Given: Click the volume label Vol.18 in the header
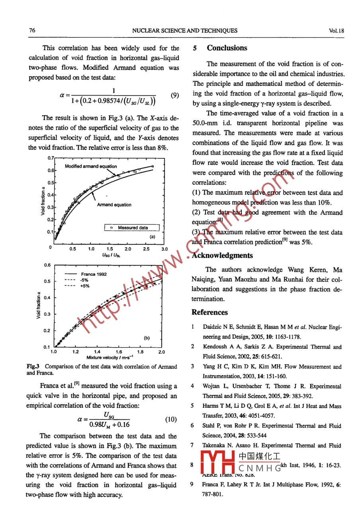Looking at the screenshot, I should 337,30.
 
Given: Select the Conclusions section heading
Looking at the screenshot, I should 227,48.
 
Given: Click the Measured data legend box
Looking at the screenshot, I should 132,228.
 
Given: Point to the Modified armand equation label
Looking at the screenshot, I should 91,166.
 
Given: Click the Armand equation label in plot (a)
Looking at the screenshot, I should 114,205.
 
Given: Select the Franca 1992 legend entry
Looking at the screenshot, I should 94,274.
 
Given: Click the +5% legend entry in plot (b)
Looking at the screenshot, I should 85,286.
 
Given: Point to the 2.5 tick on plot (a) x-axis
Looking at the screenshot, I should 146,249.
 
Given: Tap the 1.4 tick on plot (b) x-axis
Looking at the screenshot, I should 97,352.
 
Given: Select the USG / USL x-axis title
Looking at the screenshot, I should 110,255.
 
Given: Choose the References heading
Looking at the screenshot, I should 209,312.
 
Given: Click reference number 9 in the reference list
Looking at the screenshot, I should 192,485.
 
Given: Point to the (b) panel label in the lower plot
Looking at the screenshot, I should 147,338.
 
